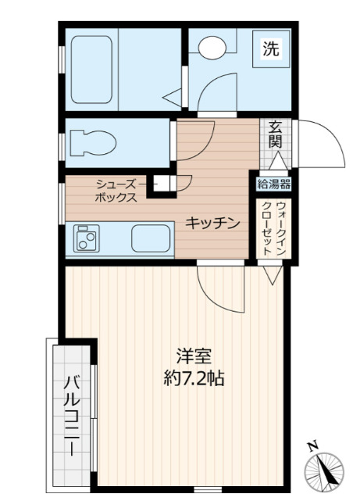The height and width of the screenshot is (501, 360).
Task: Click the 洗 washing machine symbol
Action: tap(270, 49)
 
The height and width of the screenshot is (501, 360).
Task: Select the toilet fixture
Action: tap(92, 142)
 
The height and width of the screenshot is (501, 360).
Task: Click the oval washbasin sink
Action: tap(210, 48)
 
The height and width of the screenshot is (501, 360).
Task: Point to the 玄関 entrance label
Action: tap(275, 135)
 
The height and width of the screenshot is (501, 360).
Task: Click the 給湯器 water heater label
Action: tap(274, 184)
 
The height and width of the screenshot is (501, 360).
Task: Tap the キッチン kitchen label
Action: tap(211, 224)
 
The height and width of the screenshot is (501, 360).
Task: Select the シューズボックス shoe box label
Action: tap(116, 191)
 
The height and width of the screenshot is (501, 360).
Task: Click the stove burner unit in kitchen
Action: tap(85, 238)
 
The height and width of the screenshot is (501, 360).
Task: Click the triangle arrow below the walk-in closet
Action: tap(270, 274)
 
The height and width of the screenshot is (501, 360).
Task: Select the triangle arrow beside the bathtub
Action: tap(172, 98)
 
